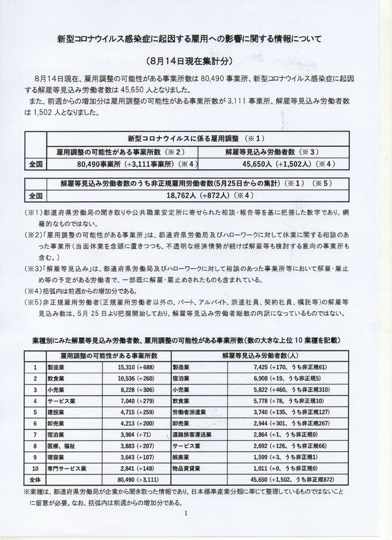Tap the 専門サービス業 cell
click(x=67, y=468)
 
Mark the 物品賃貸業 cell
click(x=188, y=468)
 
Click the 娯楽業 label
click(x=183, y=457)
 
